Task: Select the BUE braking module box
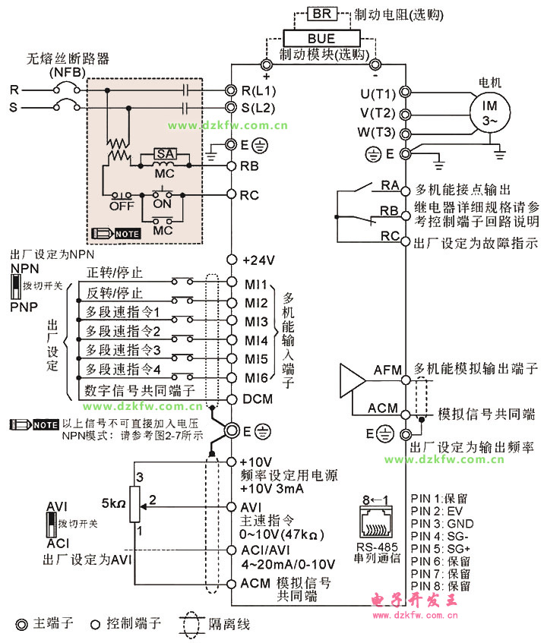(321, 38)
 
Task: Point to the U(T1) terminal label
(378, 93)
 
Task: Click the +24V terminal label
(258, 260)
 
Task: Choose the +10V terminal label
(255, 462)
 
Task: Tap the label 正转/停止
(115, 273)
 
